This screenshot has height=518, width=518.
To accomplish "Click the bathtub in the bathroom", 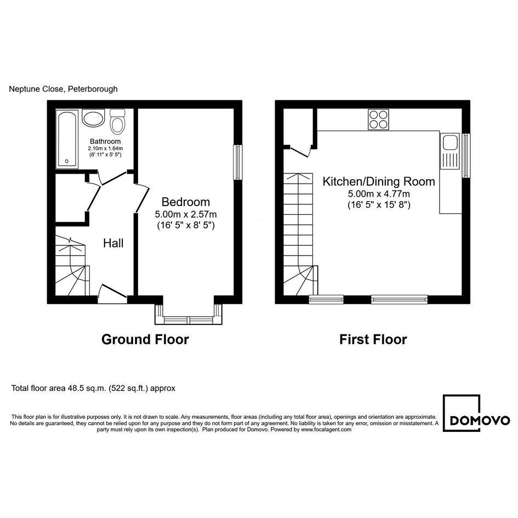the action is tap(67, 139).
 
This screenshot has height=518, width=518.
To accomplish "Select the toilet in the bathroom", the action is tap(117, 121).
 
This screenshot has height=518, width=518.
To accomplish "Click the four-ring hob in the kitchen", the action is tap(378, 119).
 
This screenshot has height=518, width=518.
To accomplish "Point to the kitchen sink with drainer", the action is tap(449, 151).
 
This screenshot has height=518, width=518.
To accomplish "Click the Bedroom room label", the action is tap(186, 202).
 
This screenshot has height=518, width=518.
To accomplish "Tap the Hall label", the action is tap(113, 243).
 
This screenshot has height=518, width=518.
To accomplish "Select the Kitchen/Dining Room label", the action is tap(379, 181).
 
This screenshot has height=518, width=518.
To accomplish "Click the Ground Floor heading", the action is tap(145, 339).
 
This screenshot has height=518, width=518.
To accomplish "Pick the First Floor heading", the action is tap(373, 339).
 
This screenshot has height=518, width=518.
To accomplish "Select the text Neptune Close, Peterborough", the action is tap(63, 89).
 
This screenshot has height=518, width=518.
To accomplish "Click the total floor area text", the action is tap(93, 388).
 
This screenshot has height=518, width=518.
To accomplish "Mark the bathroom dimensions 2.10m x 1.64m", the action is tap(105, 149).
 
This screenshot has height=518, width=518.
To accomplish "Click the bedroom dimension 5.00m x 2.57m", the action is tap(186, 214).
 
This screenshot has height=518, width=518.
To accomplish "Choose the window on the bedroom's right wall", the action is tap(238, 162).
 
